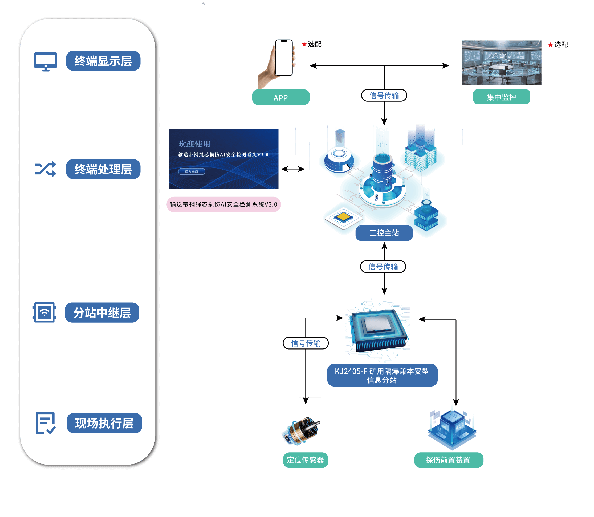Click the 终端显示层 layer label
pyautogui.click(x=103, y=61)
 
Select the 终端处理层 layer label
pyautogui.click(x=103, y=169)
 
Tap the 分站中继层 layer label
pyautogui.click(x=102, y=313)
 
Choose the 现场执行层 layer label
pyautogui.click(x=104, y=423)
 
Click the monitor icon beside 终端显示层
pyautogui.click(x=45, y=61)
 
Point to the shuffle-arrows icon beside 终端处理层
pyautogui.click(x=45, y=169)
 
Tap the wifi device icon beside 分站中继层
pyautogui.click(x=44, y=313)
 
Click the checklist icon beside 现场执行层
pyautogui.click(x=45, y=423)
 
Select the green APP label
pyautogui.click(x=280, y=97)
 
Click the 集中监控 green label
pyautogui.click(x=501, y=97)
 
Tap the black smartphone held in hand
pyautogui.click(x=284, y=58)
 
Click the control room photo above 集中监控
pyautogui.click(x=501, y=63)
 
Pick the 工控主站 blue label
pyautogui.click(x=384, y=233)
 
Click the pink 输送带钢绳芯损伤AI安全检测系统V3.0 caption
pyautogui.click(x=223, y=204)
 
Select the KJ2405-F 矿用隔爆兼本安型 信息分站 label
pyautogui.click(x=382, y=375)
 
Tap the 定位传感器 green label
pyautogui.click(x=305, y=460)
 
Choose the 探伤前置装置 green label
pyautogui.click(x=448, y=460)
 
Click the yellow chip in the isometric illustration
pyautogui.click(x=343, y=217)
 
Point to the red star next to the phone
pyautogui.click(x=304, y=44)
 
